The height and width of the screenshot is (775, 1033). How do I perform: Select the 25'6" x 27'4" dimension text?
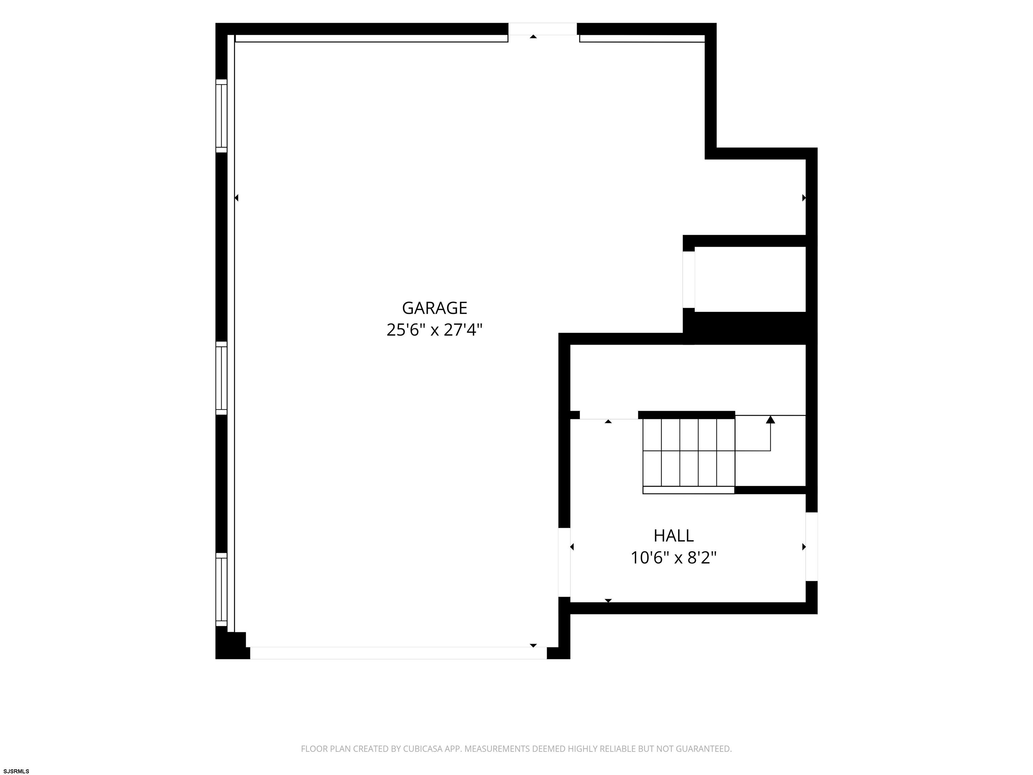434,330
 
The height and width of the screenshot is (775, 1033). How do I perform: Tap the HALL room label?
674,536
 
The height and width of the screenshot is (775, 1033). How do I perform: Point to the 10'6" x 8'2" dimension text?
674,558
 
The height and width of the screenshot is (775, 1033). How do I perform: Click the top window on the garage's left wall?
221,116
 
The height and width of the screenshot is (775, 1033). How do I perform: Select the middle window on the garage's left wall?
221,378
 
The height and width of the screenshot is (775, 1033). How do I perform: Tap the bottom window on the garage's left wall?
221,590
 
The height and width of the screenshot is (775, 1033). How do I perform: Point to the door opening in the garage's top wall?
543,29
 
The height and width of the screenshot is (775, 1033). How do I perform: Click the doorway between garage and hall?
565,562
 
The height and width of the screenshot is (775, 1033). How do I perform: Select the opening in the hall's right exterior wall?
812,547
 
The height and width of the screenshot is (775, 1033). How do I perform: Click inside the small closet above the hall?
750,279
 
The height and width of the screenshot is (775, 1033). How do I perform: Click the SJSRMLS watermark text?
16,771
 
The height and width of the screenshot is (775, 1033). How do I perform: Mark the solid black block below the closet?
750,328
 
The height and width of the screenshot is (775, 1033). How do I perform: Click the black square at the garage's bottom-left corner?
231,645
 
